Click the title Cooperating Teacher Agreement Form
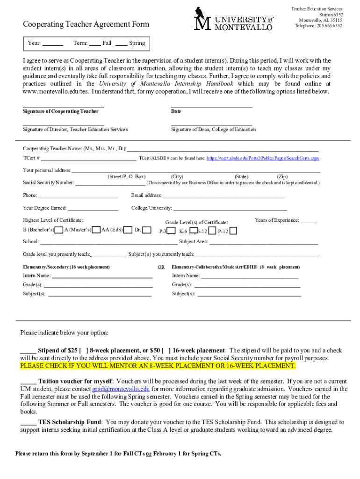click(86, 24)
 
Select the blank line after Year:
click(53, 44)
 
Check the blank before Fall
click(95, 44)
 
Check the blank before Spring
click(122, 44)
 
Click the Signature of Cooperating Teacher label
click(61, 112)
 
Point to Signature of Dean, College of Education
click(214, 130)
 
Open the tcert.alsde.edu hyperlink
click(263, 159)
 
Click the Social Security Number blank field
click(110, 183)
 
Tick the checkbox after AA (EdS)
click(127, 230)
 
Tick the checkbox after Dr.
click(147, 230)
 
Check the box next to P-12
click(233, 231)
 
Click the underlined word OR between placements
click(161, 267)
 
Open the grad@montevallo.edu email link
click(121, 389)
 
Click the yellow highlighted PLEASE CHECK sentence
click(158, 366)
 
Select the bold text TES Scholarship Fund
click(70, 422)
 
